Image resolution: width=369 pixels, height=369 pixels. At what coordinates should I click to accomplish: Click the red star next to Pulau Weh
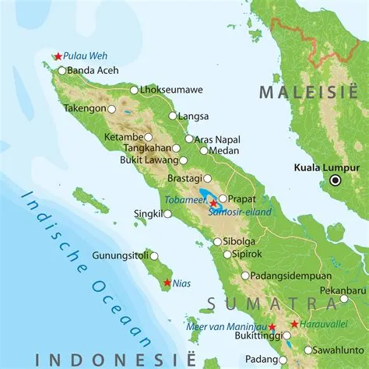coord(58,56)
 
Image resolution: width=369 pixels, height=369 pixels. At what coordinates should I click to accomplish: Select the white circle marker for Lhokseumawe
coord(134,90)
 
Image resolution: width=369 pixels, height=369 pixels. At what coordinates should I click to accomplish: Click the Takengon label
coord(84,109)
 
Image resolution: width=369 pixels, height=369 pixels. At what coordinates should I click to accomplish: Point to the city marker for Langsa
coord(173,116)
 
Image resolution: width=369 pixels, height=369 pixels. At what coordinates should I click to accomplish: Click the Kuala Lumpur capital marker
coord(336,180)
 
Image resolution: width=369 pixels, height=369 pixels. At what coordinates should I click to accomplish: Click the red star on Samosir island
coord(213,203)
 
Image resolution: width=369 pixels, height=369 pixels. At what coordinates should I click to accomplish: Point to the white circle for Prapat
coord(223,198)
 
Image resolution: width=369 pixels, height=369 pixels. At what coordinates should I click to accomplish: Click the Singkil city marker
coord(167,213)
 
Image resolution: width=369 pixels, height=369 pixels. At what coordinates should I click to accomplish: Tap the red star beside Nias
coord(167,283)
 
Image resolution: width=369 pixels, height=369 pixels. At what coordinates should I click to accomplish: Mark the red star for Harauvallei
coord(293,324)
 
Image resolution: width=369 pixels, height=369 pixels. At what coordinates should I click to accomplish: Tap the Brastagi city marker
coord(207,178)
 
